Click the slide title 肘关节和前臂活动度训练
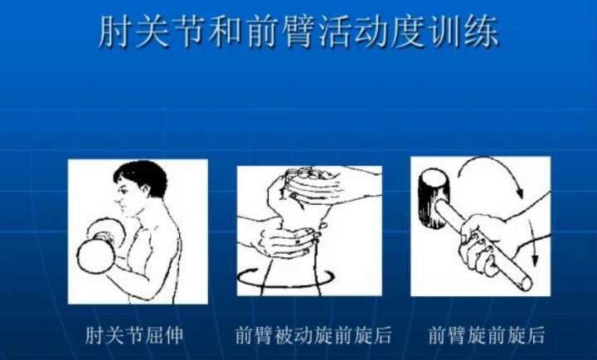coord(298,32)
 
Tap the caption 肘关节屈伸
coord(134,335)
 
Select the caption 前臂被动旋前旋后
coord(313,335)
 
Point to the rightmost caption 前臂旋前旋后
coord(486,335)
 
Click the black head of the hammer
coord(434,199)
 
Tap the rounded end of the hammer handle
coord(526,284)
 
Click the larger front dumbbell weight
coord(95,256)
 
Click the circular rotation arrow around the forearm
coord(285,280)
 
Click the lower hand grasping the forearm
coord(289,240)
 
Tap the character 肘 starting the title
coord(114,32)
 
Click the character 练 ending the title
coord(483,32)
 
